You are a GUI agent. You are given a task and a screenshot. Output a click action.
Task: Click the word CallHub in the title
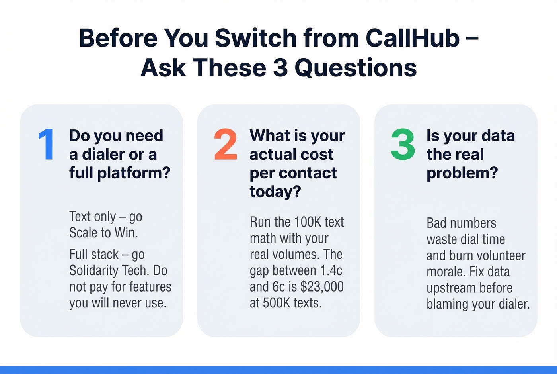coord(412,38)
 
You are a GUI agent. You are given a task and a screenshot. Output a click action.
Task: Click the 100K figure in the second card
coord(308,222)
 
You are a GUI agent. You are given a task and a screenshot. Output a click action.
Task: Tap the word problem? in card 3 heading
coord(462,173)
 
